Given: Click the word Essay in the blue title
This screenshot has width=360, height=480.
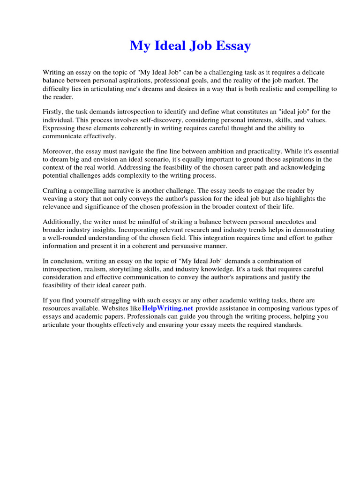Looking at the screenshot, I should point(232,46).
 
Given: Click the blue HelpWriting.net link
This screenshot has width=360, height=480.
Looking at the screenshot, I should point(167,308).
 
